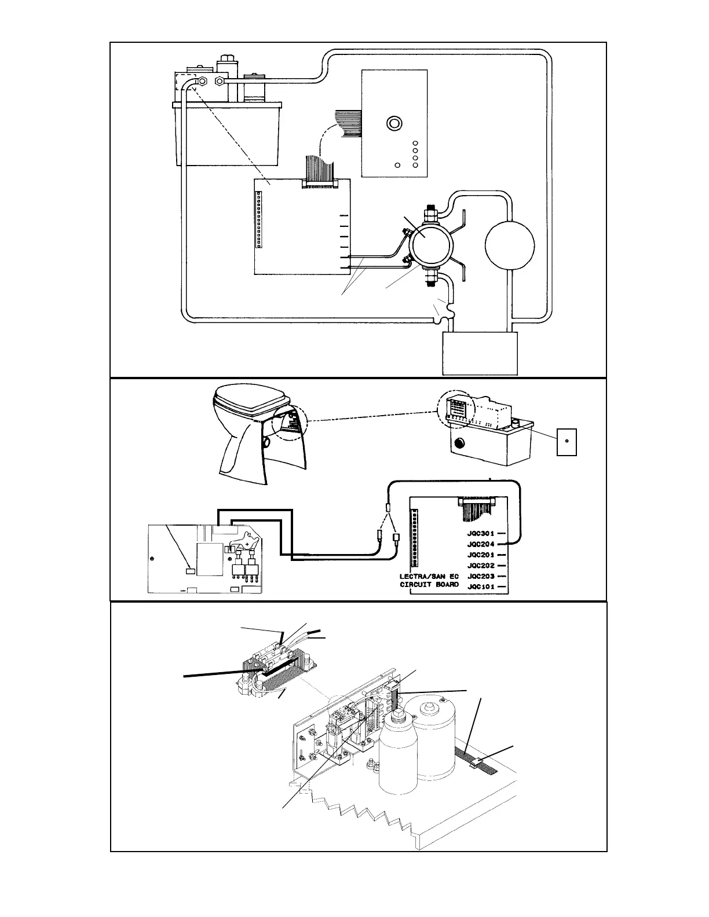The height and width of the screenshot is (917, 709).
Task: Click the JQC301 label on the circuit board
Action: point(480,533)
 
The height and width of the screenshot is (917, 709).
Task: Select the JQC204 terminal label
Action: point(480,544)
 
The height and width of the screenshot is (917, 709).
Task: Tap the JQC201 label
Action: point(480,555)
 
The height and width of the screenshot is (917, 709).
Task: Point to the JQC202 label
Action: point(480,566)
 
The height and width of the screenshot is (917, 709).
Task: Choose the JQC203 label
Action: point(480,577)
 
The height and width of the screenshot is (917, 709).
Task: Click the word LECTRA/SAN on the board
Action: point(422,577)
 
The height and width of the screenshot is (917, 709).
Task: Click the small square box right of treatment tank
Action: point(567,442)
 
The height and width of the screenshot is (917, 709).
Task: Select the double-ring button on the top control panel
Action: point(394,123)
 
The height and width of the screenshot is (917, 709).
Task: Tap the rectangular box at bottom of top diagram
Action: point(480,354)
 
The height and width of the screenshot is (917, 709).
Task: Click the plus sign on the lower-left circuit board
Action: point(247,545)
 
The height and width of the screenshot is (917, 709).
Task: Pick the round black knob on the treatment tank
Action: point(459,444)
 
